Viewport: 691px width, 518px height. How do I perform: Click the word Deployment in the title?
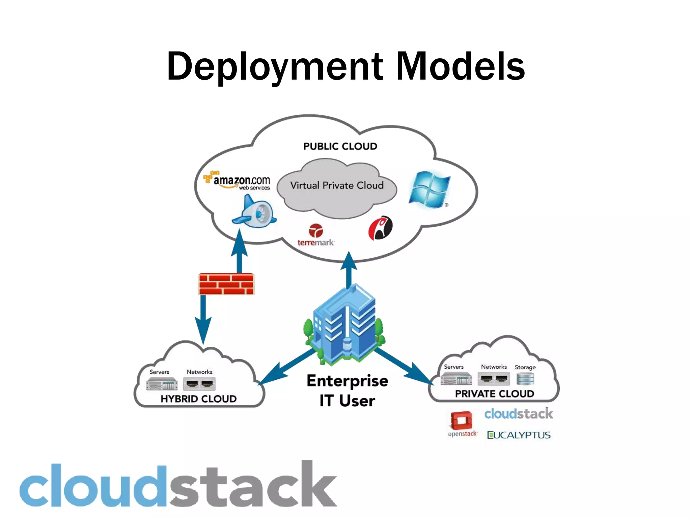[275, 67]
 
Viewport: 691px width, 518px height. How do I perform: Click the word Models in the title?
[460, 67]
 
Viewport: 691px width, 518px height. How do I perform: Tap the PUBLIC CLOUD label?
[340, 146]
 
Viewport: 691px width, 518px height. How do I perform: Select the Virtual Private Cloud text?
[337, 185]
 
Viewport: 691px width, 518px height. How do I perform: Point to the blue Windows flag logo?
[429, 190]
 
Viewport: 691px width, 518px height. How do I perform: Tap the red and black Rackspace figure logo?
[380, 228]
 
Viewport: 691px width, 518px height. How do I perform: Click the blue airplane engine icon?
[255, 212]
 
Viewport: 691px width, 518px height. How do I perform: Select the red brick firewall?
[226, 284]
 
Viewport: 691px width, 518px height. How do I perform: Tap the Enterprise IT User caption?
[347, 391]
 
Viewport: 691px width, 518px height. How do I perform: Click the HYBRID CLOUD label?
[198, 399]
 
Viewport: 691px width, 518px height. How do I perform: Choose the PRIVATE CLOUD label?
[494, 394]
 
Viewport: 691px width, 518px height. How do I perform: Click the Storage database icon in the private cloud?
[525, 379]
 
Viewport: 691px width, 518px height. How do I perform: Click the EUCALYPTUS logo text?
[519, 435]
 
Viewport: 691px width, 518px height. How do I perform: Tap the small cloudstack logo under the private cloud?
[519, 414]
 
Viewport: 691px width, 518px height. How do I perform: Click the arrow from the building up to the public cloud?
[349, 270]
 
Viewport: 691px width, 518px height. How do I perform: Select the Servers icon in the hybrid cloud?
[162, 384]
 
